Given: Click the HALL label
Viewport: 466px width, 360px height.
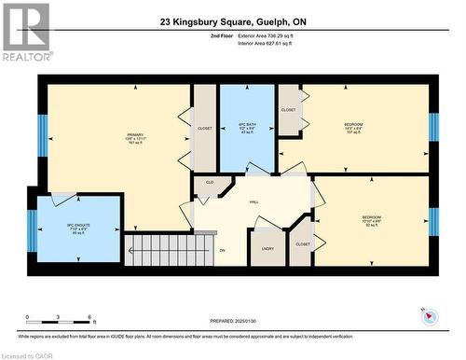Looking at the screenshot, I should click(253, 201).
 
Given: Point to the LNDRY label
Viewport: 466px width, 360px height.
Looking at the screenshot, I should click(267, 248).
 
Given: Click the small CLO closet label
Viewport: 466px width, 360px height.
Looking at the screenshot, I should click(210, 183).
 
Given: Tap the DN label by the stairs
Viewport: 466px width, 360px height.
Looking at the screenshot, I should click(223, 250).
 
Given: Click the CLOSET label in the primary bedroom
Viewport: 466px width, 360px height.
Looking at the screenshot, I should click(204, 128).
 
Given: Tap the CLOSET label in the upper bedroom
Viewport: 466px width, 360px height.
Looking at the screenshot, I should click(289, 110).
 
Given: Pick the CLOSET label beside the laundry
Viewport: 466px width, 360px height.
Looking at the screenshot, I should click(303, 244).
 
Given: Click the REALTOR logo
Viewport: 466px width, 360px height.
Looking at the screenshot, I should click(25, 32).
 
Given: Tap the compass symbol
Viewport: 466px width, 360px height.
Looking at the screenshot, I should click(428, 316).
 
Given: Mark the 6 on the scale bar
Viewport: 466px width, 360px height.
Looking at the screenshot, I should click(88, 317).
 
